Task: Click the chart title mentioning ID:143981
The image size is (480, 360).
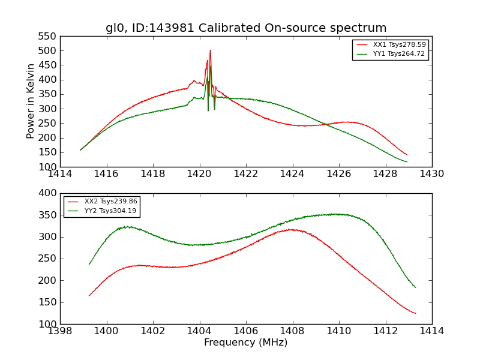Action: point(246,28)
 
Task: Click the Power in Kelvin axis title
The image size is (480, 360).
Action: point(31,101)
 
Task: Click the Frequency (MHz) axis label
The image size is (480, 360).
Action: point(246,343)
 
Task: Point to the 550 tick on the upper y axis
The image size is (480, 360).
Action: point(49,36)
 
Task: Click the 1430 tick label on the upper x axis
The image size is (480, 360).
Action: point(431,174)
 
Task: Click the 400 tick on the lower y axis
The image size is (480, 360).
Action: point(49,193)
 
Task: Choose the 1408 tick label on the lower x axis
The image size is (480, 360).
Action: point(292,331)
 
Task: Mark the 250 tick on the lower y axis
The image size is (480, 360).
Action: point(49,259)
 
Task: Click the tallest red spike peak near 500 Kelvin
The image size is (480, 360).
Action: point(210,50)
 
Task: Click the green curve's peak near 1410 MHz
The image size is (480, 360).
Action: point(338,214)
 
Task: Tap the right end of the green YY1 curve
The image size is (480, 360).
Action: point(406,162)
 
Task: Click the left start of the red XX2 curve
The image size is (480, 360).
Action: point(89,296)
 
